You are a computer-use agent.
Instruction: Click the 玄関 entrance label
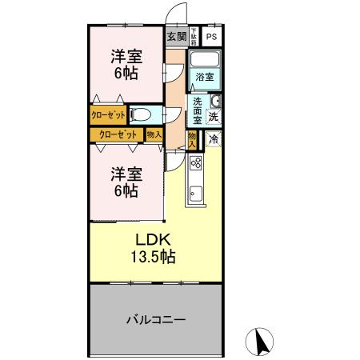click(177, 37)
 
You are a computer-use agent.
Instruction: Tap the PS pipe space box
click(211, 37)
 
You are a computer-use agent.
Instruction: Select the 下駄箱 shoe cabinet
click(194, 37)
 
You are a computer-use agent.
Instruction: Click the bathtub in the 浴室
click(206, 61)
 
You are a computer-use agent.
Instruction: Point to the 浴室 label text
click(205, 77)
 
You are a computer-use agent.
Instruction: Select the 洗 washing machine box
click(214, 117)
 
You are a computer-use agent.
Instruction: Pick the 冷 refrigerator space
click(214, 139)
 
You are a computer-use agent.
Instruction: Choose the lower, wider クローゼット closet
click(117, 134)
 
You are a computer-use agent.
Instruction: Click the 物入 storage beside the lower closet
click(154, 134)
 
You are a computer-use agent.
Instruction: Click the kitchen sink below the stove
click(196, 193)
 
